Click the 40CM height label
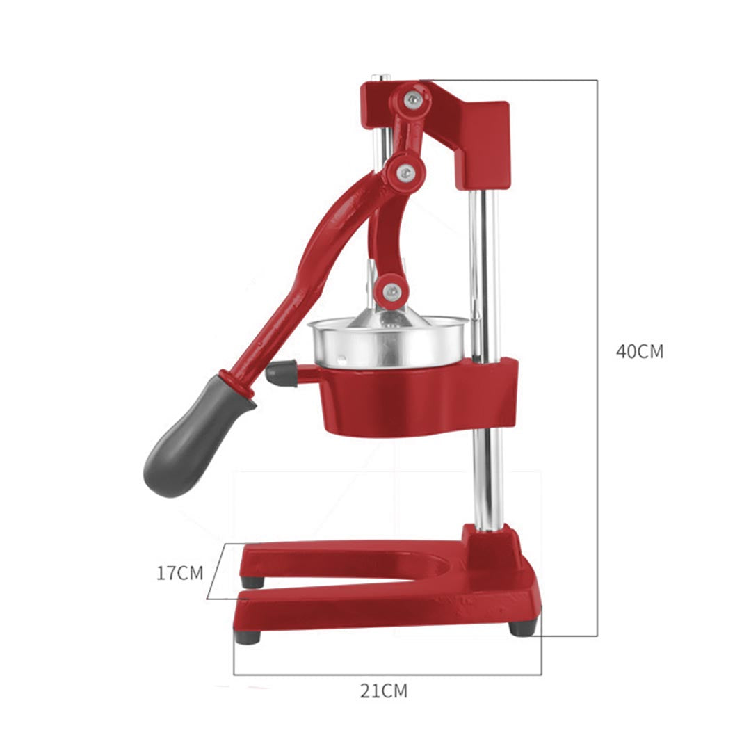tap(639, 351)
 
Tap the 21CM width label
tap(383, 691)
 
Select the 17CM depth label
tap(179, 573)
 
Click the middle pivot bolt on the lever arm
tap(404, 172)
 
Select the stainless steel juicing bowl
tap(389, 344)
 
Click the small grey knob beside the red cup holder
tap(281, 373)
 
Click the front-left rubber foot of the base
tap(248, 636)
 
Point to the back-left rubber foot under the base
tap(252, 581)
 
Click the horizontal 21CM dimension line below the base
tap(387, 674)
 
